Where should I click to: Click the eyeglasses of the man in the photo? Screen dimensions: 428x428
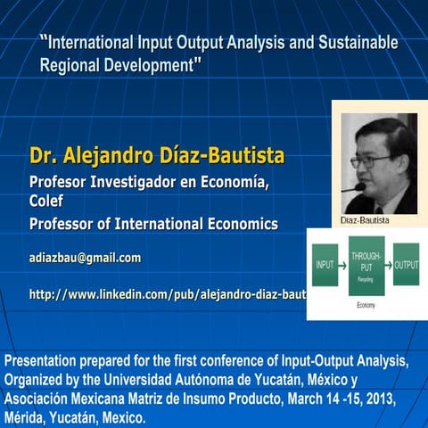point(372,161)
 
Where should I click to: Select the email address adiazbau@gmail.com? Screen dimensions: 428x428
point(85,258)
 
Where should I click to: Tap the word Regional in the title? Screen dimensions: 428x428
point(70,64)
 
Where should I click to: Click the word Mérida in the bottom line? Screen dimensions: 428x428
point(28,418)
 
